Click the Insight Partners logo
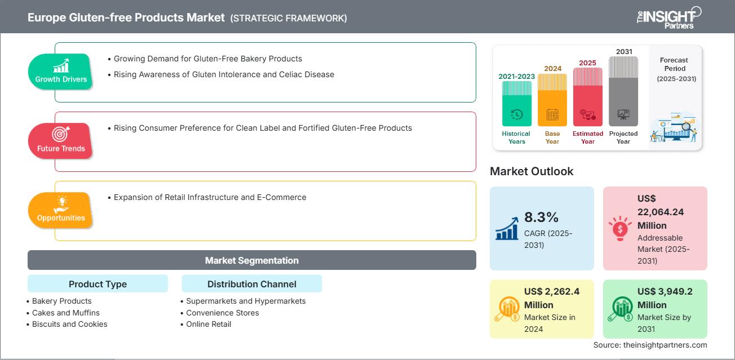tap(669, 17)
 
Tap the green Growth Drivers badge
tap(61, 72)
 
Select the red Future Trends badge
tap(61, 141)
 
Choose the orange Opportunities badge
tap(61, 210)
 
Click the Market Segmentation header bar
tap(251, 260)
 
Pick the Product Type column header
tap(98, 284)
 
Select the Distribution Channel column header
tap(251, 284)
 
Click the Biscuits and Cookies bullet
tap(69, 324)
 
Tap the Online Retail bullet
tap(209, 324)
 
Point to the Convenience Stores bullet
tap(222, 313)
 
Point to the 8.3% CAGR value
tap(542, 217)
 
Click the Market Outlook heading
tap(532, 171)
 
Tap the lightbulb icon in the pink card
tap(620, 228)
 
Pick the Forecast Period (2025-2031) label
tap(675, 69)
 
